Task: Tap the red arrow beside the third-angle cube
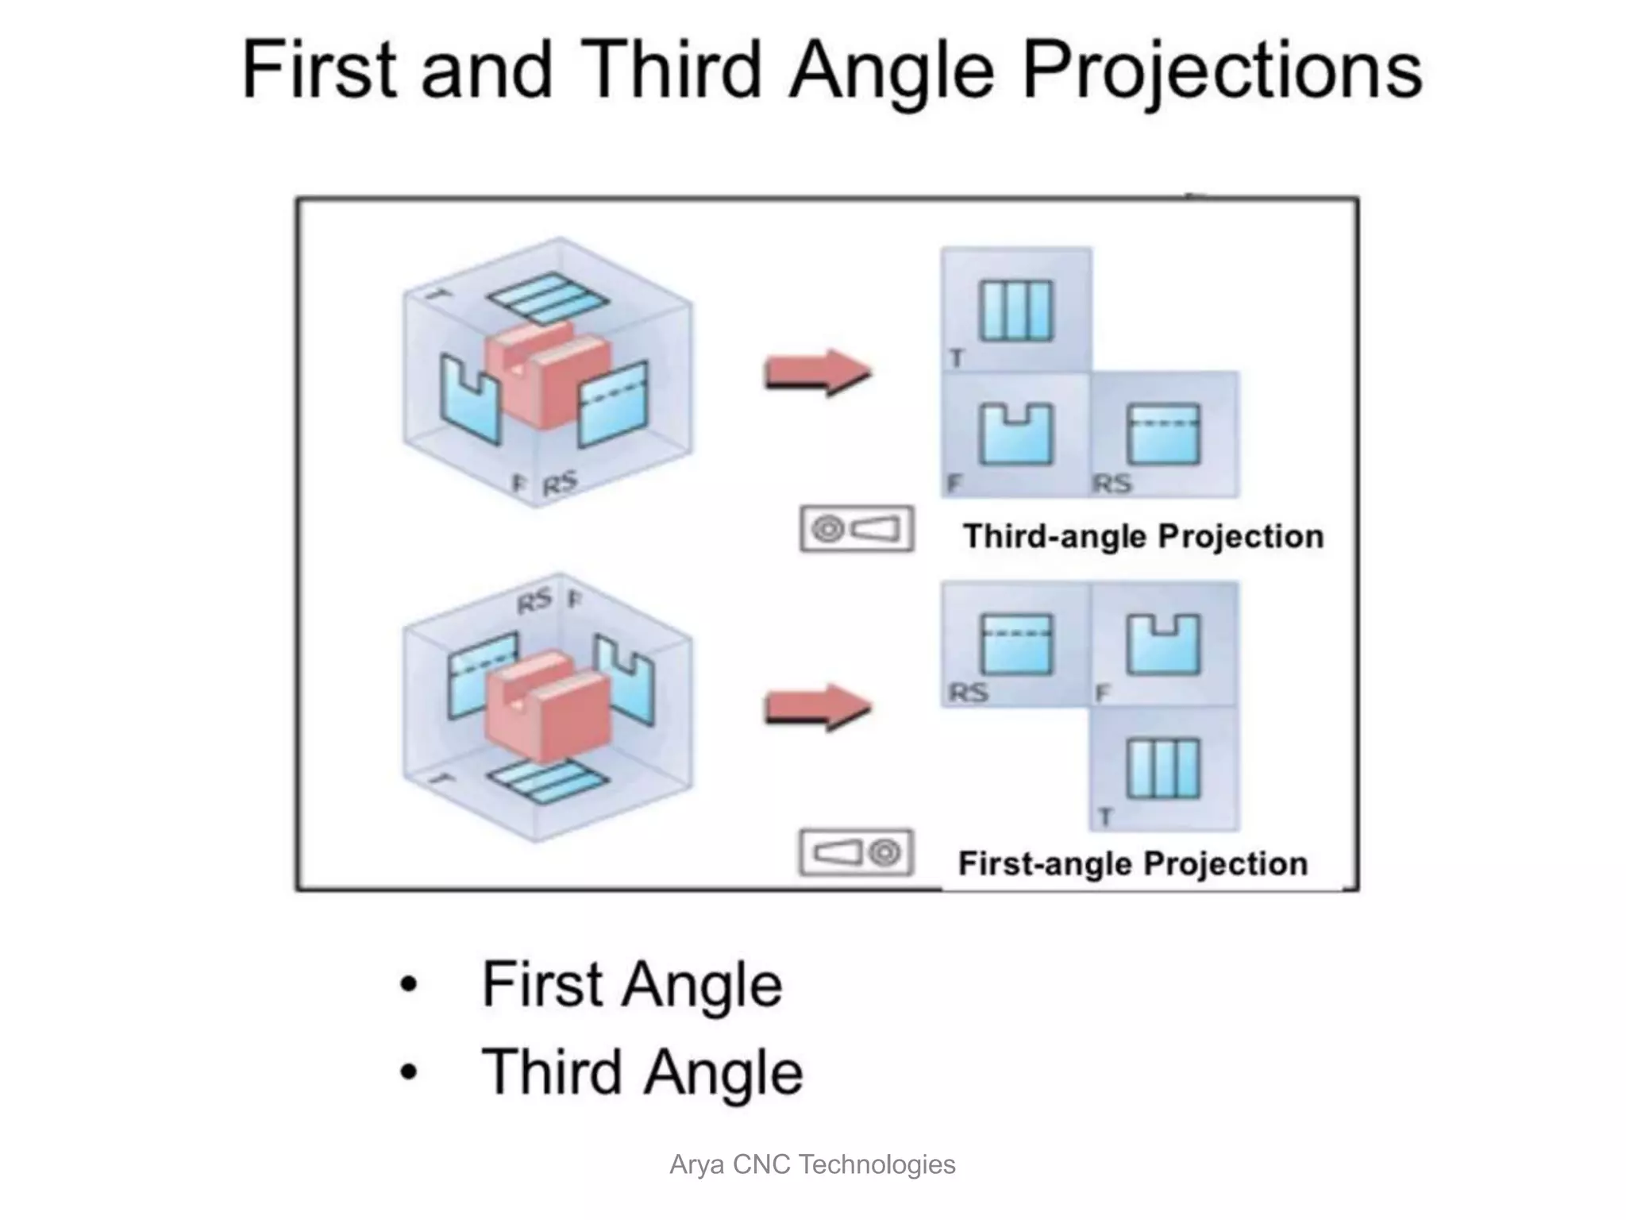(x=818, y=372)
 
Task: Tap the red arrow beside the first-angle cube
(x=818, y=706)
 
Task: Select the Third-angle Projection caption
(x=1143, y=536)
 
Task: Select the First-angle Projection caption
(x=1133, y=863)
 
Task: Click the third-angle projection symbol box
(x=857, y=529)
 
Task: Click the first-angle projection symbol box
(x=856, y=853)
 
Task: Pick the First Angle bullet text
(x=632, y=985)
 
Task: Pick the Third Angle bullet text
(x=642, y=1072)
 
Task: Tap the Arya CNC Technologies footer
(x=812, y=1164)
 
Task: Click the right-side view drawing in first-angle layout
(x=1016, y=643)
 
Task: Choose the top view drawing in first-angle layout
(x=1164, y=769)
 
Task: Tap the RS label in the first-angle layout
(x=969, y=693)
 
